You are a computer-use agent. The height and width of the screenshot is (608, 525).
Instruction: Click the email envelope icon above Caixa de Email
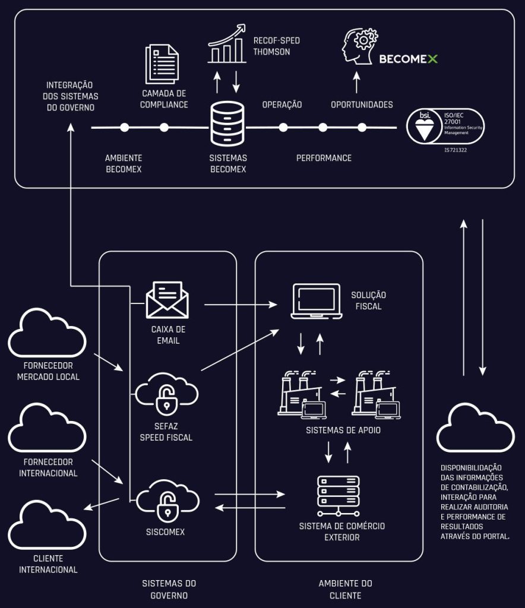pos(167,300)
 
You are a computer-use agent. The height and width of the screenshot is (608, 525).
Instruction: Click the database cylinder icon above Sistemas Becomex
pos(227,124)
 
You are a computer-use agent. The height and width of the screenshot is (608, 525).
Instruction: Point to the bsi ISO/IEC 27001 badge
pos(445,126)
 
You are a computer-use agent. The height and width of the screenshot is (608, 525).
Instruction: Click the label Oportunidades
pos(362,104)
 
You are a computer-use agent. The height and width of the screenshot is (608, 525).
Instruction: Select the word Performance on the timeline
pos(324,158)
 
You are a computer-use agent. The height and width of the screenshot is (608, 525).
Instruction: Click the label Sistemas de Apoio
pos(343,430)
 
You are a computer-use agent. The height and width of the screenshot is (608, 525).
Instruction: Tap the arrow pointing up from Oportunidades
pos(356,82)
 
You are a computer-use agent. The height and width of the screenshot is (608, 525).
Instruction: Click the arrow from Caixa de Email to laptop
pos(241,305)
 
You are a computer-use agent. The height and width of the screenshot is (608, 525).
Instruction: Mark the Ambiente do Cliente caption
pos(345,590)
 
